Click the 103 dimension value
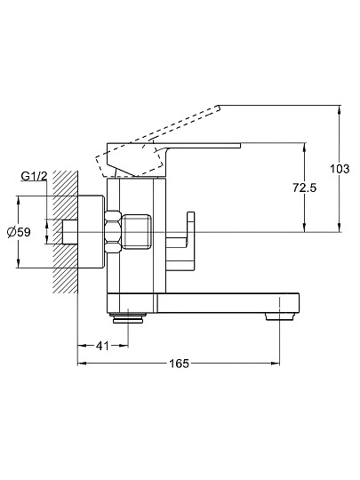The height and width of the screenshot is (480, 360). coord(340,169)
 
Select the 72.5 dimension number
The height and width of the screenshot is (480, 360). coord(304,188)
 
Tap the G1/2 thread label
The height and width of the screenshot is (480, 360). coord(34,176)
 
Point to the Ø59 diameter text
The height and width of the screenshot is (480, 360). coord(19,232)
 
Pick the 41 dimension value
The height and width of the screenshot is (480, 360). coord(102,346)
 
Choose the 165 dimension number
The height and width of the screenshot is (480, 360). coord(179,364)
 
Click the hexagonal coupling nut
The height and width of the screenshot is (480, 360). coord(113,232)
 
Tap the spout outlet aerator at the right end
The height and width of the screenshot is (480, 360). coord(280,316)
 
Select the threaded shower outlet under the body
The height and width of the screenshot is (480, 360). coord(128,317)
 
